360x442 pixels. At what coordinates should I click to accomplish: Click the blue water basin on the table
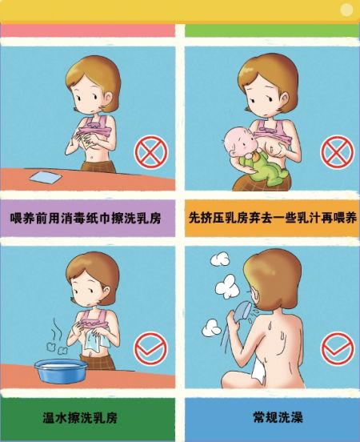[x=61, y=371]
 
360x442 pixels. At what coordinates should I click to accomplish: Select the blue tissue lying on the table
[x=46, y=177]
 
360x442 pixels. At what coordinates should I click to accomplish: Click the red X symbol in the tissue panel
[x=151, y=152]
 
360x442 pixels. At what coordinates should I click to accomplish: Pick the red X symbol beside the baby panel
[x=337, y=152]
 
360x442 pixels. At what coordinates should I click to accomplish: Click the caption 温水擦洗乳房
[x=80, y=418]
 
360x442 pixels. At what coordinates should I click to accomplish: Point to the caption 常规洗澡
[x=278, y=417]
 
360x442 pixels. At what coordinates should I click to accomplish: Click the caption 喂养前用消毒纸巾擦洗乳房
[x=86, y=218]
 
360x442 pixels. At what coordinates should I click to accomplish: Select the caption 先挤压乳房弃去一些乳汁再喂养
[x=273, y=218]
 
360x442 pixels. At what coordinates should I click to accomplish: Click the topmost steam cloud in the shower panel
[x=220, y=259]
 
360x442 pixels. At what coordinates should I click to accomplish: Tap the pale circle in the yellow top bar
[x=346, y=10]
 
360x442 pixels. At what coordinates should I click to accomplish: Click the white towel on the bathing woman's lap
[x=258, y=370]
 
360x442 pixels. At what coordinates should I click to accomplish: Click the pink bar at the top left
[x=88, y=30]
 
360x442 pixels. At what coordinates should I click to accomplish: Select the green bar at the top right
[x=272, y=30]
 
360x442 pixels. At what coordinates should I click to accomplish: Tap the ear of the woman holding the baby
[x=285, y=98]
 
